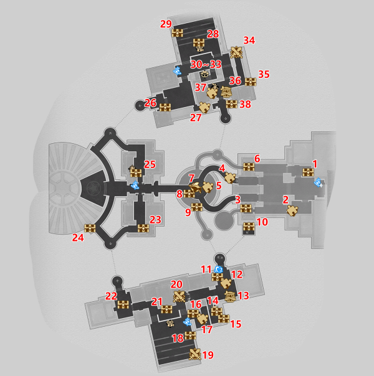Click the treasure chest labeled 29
(x=178, y=32)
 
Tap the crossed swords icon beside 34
(x=237, y=52)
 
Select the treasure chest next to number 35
(x=251, y=82)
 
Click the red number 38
(x=245, y=105)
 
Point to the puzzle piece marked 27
(x=204, y=107)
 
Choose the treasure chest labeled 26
(x=165, y=107)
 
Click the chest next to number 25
(x=136, y=172)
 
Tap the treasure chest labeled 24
(x=90, y=228)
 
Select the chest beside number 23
(x=143, y=228)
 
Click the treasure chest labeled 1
(x=308, y=172)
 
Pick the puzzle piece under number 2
(x=292, y=211)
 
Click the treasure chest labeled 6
(x=249, y=167)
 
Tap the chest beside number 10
(x=249, y=227)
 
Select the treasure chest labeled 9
(x=196, y=207)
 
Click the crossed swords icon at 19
(x=195, y=355)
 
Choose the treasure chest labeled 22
(x=123, y=304)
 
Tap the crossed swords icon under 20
(x=180, y=296)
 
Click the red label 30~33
(x=206, y=64)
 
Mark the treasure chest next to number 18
(x=190, y=336)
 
